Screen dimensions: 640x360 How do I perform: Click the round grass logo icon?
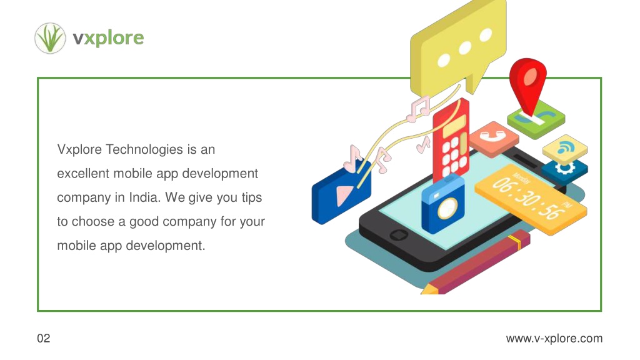(x=50, y=38)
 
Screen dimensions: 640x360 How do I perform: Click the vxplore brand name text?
(x=108, y=38)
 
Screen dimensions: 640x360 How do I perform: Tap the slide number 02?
(x=44, y=338)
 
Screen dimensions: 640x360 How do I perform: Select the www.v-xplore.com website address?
(x=554, y=338)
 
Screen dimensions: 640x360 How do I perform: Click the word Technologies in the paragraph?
(x=144, y=150)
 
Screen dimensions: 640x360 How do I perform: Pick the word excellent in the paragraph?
(x=83, y=174)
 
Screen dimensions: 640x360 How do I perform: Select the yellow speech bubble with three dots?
(x=458, y=49)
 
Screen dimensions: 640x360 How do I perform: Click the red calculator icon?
(x=451, y=141)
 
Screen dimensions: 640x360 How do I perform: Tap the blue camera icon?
(x=443, y=204)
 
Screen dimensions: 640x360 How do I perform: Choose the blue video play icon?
(x=341, y=192)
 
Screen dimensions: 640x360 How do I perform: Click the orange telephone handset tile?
(x=494, y=139)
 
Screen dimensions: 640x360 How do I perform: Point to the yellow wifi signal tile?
(x=565, y=149)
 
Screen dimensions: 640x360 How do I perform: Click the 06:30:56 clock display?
(x=531, y=199)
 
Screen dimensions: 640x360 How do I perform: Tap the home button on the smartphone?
(x=398, y=235)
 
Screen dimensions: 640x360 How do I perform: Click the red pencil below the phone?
(x=476, y=263)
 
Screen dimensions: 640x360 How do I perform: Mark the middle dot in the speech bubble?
(x=465, y=48)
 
